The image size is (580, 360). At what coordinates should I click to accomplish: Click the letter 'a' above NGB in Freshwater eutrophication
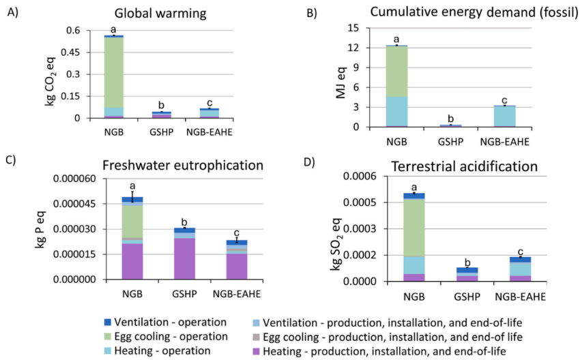point(132,185)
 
